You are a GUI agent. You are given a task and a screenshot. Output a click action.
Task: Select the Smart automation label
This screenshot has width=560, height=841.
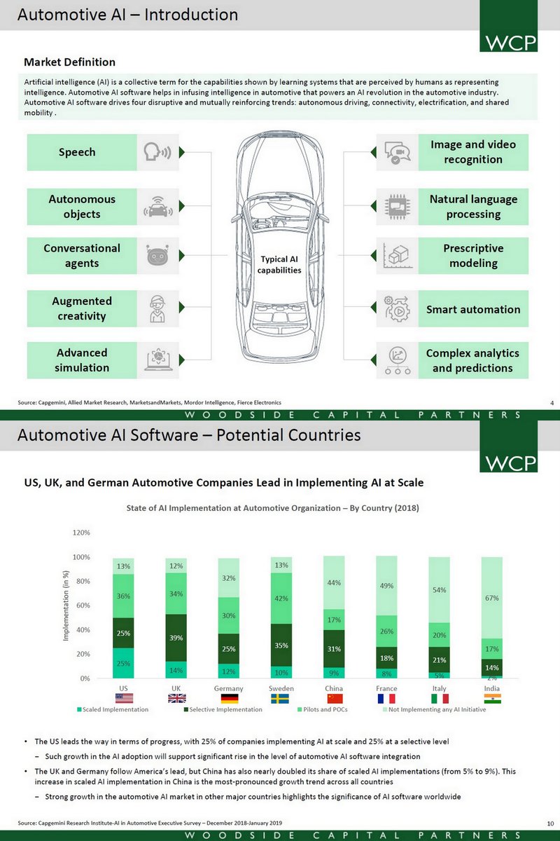point(473,309)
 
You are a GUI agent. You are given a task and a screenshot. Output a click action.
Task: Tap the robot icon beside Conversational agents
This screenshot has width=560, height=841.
point(157,256)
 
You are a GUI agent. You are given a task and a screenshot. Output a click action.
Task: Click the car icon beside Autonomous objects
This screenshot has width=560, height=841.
point(157,207)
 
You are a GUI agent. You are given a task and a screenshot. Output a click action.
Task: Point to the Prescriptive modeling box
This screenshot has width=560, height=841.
point(473,256)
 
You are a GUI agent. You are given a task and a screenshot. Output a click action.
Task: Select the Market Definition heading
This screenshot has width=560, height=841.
point(70,62)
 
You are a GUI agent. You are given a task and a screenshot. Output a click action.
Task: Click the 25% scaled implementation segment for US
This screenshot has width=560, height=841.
point(123,663)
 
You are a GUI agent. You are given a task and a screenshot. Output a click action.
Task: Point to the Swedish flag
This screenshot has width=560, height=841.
point(281,699)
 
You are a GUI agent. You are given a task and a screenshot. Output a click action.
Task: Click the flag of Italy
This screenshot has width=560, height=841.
point(439,699)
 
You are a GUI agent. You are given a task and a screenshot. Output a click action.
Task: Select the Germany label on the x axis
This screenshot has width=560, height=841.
point(228,688)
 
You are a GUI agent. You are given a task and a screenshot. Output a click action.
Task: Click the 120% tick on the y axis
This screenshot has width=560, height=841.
point(80,533)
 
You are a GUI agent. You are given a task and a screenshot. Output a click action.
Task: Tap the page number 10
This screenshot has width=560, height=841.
point(550,821)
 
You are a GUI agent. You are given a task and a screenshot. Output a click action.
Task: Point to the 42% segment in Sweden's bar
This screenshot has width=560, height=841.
point(281,599)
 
